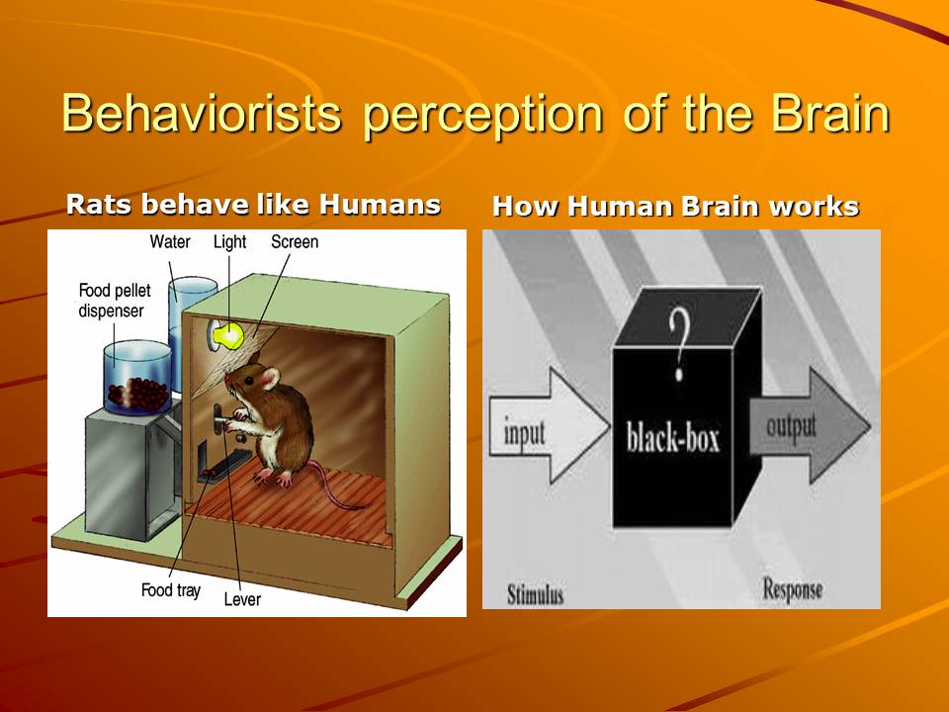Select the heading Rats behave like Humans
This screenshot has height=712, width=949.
253,204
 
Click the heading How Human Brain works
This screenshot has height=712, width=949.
675,206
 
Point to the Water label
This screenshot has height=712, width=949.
170,241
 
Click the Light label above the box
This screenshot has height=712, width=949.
229,242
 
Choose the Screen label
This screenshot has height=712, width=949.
295,241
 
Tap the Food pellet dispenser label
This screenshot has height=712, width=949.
115,301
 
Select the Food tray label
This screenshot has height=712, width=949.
171,589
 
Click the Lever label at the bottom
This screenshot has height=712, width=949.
242,599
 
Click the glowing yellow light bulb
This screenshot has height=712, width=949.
228,335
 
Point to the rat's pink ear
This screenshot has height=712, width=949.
270,379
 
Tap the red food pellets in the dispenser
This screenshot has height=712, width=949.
138,394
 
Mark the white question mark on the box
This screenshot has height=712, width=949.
680,344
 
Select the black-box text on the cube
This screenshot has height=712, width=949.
672,436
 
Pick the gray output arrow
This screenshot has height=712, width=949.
810,425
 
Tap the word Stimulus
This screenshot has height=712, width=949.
535,594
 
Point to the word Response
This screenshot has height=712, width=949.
792,589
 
